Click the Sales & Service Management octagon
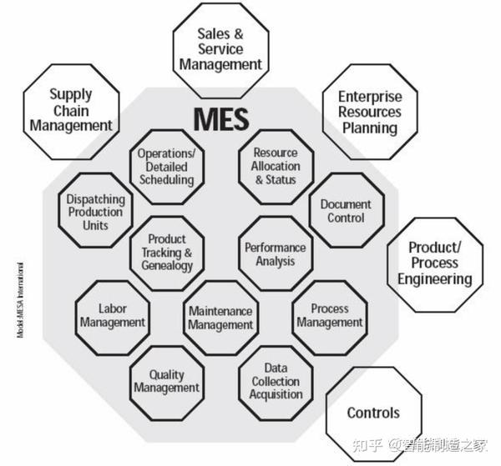point(221,48)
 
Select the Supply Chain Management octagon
point(70,110)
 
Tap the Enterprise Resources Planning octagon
point(369,113)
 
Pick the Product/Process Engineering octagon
point(434,263)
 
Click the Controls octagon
point(373,413)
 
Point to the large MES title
point(220,119)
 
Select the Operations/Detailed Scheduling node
point(166,166)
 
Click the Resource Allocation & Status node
point(276,166)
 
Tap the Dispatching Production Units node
point(96,212)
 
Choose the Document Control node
point(346,210)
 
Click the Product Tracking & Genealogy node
point(167,253)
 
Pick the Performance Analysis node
point(275,254)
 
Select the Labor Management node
point(112,316)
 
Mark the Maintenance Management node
point(220,318)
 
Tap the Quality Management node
point(167,381)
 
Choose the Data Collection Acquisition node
point(276,381)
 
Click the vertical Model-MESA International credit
point(19,299)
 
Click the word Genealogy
point(167,266)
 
